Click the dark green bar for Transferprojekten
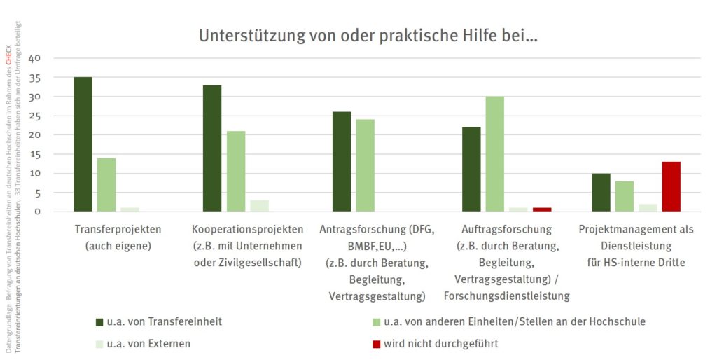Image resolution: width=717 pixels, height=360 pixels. (83, 144)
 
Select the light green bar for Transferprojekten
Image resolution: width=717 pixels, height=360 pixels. (106, 184)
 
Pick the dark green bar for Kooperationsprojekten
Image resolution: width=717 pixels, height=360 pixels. (212, 148)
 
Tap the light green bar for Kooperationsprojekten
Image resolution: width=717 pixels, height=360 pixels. (236, 171)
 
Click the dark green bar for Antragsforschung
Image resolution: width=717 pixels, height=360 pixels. (341, 161)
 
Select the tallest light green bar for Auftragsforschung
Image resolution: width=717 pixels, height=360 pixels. (494, 153)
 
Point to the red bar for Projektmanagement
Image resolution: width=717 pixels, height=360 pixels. (671, 186)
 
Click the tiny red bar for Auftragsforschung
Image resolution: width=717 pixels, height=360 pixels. (542, 209)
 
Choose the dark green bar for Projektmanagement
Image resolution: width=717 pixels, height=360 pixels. (601, 192)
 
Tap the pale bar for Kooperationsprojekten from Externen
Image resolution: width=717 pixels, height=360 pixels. (260, 205)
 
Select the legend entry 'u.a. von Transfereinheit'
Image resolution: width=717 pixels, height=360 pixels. (165, 321)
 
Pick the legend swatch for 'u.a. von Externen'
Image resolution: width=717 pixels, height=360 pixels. (99, 344)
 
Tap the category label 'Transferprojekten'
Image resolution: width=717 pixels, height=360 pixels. (117, 229)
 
